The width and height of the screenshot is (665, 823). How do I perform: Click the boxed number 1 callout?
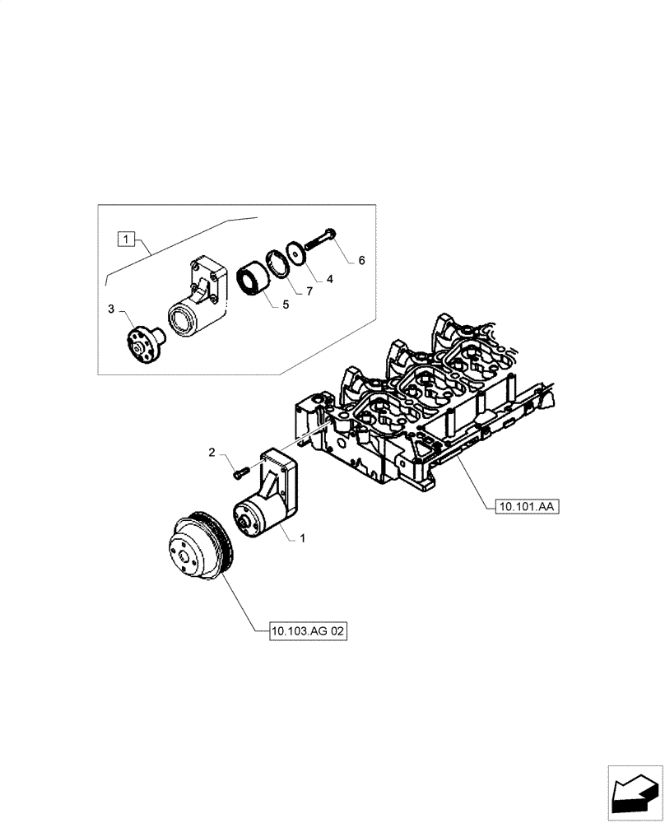pyautogui.click(x=125, y=239)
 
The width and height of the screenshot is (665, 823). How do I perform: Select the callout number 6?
pyautogui.click(x=360, y=260)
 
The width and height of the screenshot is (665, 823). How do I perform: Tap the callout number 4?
pyautogui.click(x=329, y=279)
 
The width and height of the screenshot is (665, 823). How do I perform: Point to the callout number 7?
pyautogui.click(x=309, y=292)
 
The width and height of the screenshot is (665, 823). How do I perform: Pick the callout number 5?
pyautogui.click(x=286, y=305)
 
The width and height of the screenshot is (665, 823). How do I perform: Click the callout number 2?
pyautogui.click(x=212, y=453)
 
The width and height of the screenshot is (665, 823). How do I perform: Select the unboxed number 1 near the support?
pyautogui.click(x=303, y=538)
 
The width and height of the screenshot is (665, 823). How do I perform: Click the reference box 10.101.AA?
pyautogui.click(x=527, y=507)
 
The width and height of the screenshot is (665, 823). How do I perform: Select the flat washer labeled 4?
pyautogui.click(x=295, y=253)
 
